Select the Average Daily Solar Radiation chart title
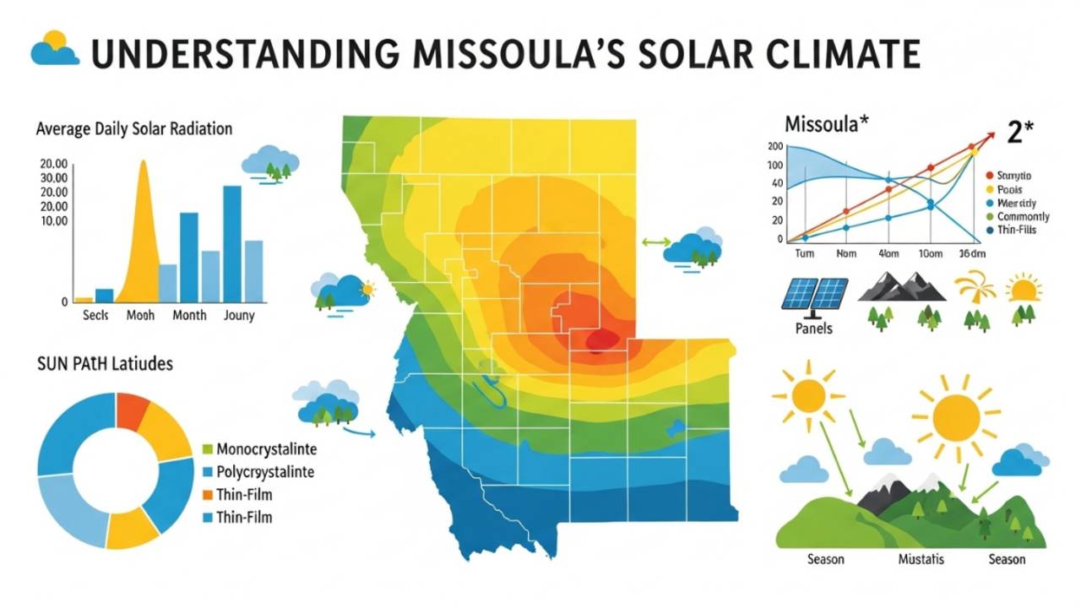pyautogui.click(x=134, y=129)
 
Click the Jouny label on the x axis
pyautogui.click(x=239, y=315)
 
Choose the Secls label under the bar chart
pyautogui.click(x=97, y=315)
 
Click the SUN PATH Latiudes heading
pyautogui.click(x=105, y=364)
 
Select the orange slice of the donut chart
pyautogui.click(x=133, y=410)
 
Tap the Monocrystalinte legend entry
pyautogui.click(x=266, y=448)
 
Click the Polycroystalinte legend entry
pyautogui.click(x=266, y=472)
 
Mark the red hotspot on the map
pyautogui.click(x=601, y=339)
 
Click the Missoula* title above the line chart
pyautogui.click(x=827, y=124)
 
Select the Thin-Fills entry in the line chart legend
pyautogui.click(x=1017, y=230)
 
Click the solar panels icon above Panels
pyautogui.click(x=815, y=294)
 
